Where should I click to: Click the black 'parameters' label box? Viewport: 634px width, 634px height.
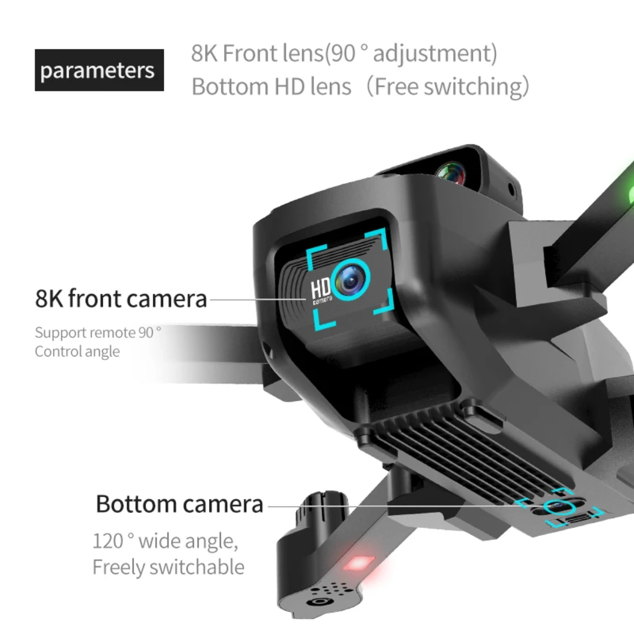[99, 70]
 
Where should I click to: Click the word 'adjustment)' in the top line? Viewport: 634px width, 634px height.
[435, 54]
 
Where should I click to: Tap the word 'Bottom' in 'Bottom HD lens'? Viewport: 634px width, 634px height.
[230, 87]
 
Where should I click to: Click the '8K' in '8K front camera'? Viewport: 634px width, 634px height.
[49, 299]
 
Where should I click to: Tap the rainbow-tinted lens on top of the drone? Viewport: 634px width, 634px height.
[451, 174]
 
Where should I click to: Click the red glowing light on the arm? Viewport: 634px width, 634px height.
[359, 563]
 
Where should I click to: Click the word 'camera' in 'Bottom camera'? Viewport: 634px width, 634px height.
[223, 505]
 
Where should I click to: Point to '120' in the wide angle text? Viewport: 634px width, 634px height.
[108, 541]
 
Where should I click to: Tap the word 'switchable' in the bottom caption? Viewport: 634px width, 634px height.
[197, 567]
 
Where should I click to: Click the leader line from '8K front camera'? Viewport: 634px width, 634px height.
[258, 299]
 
